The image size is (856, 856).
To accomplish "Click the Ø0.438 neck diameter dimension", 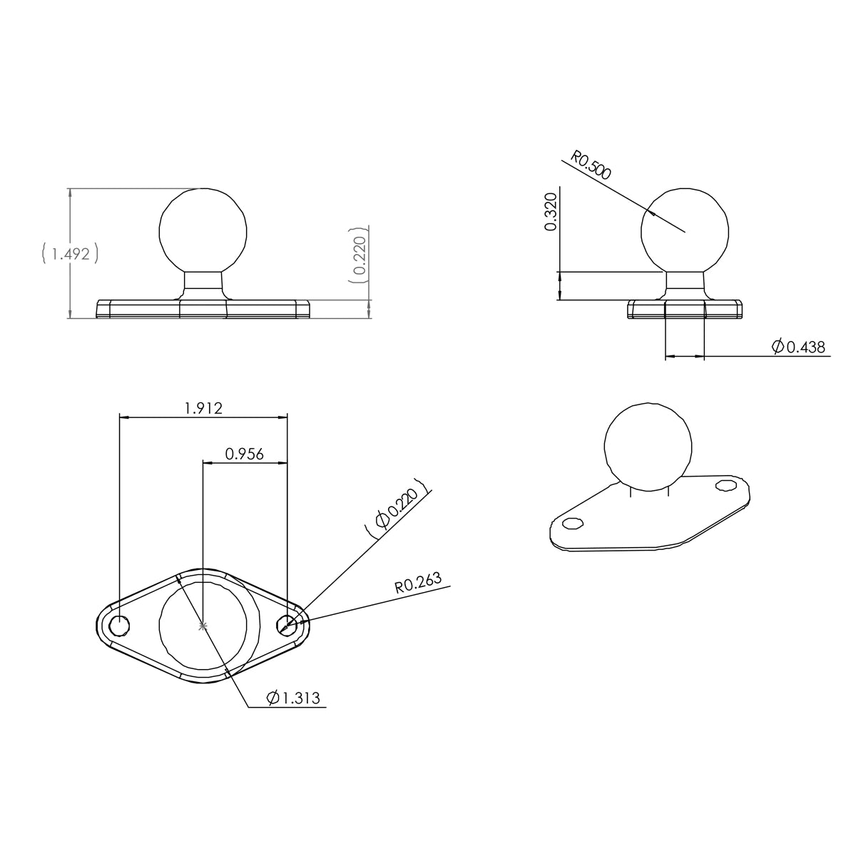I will tap(798, 347).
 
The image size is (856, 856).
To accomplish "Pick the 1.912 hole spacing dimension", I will tap(203, 408).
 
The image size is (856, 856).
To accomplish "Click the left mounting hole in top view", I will tap(119, 625).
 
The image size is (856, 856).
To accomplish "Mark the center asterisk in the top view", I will tap(203, 626).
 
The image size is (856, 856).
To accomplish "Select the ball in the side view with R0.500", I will tap(685, 230).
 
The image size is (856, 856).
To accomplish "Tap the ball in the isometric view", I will tap(648, 448).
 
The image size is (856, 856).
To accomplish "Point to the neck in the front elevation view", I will tap(203, 284).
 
